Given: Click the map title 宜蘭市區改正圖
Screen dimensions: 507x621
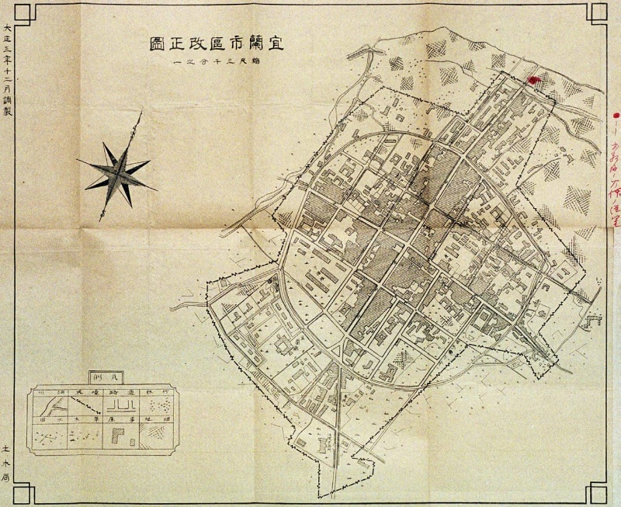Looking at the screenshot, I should tap(217, 43).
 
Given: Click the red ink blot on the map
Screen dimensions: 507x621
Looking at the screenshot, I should tap(532, 78).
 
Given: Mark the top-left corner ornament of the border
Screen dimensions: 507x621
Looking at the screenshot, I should tap(23, 13).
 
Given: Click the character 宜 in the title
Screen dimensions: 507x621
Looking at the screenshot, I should tap(278, 43).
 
